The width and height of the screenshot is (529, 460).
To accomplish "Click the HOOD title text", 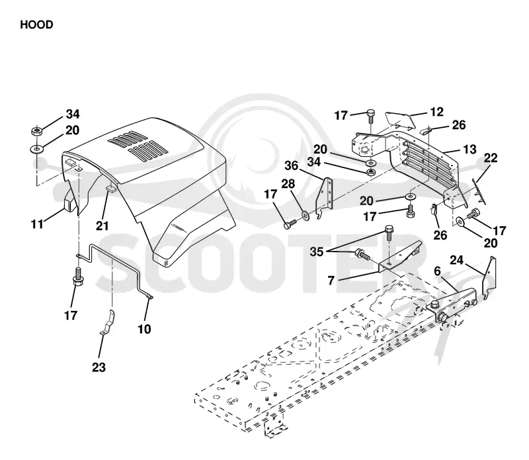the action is point(36,24).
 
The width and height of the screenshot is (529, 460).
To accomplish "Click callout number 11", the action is point(37,224).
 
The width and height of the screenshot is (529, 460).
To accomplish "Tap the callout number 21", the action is point(102,226).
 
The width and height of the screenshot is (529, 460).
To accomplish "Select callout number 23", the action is point(99,367).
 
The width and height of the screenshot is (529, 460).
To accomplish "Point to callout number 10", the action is point(144,329).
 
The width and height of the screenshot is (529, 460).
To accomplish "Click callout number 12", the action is point(436,112).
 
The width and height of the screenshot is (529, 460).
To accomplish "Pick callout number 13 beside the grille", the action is point(469,150).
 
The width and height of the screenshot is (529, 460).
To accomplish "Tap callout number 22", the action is point(491,158).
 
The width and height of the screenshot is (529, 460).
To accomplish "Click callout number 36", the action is point(292,165).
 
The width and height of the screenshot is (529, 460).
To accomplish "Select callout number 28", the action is point(288,184).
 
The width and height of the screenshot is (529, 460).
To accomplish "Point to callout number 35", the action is point(317,252).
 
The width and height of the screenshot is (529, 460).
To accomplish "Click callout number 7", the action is point(331,280).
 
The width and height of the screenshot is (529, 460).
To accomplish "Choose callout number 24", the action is point(456,260).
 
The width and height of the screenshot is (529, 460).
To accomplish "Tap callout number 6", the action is point(437,271).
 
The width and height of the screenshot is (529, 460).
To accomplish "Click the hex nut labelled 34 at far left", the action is point(36,130).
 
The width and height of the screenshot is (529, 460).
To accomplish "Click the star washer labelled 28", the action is point(305,214).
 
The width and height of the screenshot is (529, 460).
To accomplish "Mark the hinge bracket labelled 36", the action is point(324,199).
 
